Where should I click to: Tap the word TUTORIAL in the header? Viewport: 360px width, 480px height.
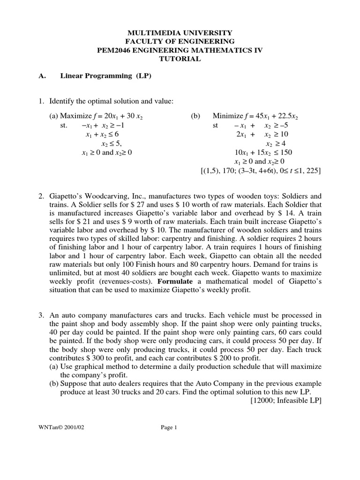point(180,59)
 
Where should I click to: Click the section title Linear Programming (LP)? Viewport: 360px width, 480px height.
point(105,76)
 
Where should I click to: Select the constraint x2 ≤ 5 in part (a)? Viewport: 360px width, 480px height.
point(114,144)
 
